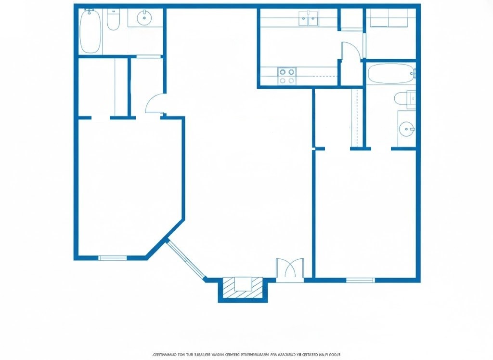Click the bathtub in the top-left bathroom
91,31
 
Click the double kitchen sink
308,19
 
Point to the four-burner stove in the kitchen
287,76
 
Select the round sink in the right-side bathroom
407,129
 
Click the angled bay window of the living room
186,259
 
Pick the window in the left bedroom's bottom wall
113,258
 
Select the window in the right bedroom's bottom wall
360,280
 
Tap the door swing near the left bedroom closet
156,103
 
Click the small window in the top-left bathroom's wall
149,56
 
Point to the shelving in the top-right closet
390,19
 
